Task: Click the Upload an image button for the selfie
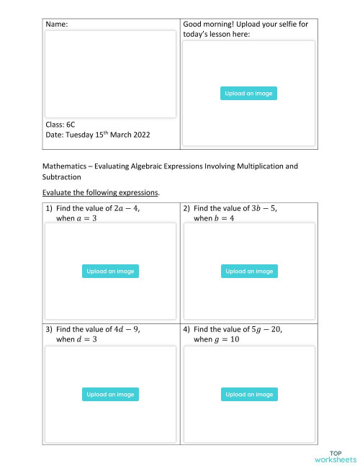[248, 94]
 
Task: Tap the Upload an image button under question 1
[110, 272]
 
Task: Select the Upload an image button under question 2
[248, 272]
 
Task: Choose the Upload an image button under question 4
[248, 395]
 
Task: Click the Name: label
[57, 24]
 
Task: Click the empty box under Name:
[110, 73]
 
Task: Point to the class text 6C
[71, 125]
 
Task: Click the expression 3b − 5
[263, 208]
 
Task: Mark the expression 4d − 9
[125, 329]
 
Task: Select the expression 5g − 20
[265, 329]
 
